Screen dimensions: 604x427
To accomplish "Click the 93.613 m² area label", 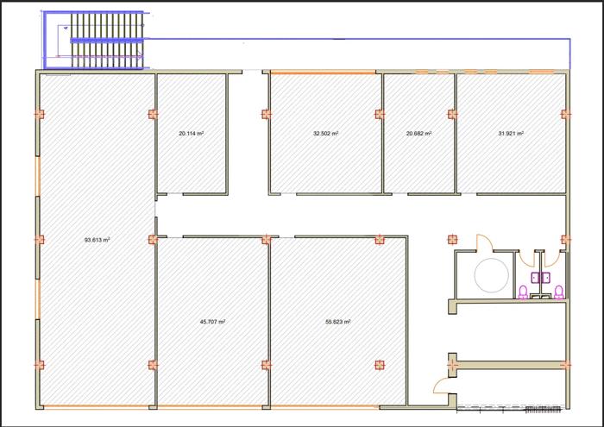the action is point(97,240).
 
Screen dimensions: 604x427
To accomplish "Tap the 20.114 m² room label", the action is point(192,133).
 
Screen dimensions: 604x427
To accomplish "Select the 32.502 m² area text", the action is point(326,133).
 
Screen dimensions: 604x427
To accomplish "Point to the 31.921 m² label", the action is point(511,133).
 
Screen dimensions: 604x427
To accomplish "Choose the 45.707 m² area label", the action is point(212,322).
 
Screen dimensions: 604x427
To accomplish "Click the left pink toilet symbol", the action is point(523,292).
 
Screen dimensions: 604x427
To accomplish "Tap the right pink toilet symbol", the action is point(559,292).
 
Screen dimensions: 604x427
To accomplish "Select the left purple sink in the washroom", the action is point(536,278).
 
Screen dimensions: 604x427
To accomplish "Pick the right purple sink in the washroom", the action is point(546,278).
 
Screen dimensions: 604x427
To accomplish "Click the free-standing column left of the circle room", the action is point(453,240).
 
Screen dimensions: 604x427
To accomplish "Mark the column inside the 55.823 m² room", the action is point(380,365).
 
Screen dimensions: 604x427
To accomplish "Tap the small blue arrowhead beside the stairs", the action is point(66,28).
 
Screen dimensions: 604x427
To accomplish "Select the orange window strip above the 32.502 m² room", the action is point(323,72).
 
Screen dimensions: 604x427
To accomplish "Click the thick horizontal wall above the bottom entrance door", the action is point(509,364).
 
